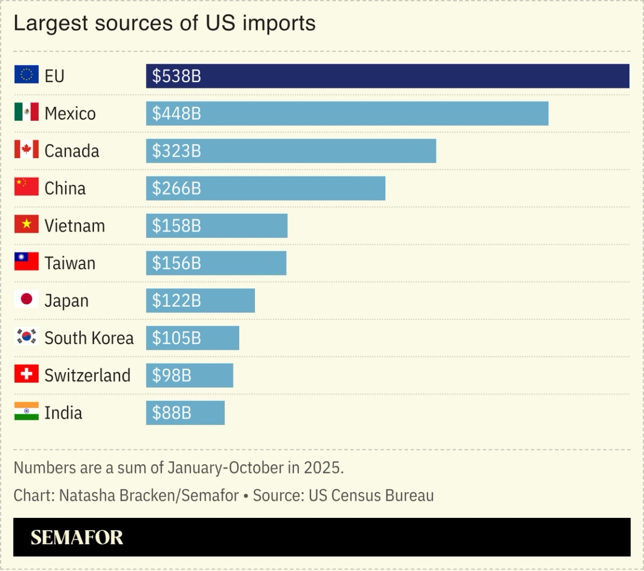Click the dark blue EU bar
click(387, 76)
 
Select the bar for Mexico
click(347, 113)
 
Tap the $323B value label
click(177, 151)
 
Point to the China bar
click(266, 188)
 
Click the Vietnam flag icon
click(26, 224)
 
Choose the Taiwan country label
click(70, 263)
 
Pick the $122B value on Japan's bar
click(177, 301)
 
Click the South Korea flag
click(26, 336)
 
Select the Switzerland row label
click(87, 375)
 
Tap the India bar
click(185, 413)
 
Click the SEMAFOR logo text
click(77, 537)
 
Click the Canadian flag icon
click(26, 149)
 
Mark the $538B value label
click(177, 76)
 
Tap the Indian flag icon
click(26, 411)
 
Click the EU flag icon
click(26, 74)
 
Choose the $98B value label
click(172, 375)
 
